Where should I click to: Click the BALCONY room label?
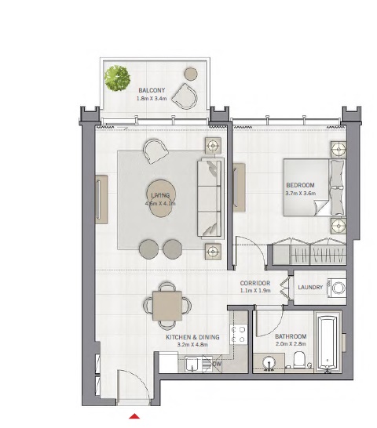click(152, 90)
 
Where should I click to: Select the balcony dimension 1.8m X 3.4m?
click(152, 99)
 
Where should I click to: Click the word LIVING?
click(160, 194)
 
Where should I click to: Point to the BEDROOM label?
click(300, 185)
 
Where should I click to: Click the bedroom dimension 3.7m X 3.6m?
click(300, 194)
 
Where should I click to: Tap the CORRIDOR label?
click(255, 282)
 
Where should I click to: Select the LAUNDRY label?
click(310, 288)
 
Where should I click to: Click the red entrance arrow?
click(135, 415)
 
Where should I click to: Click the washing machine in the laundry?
click(337, 287)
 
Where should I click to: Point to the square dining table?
click(167, 303)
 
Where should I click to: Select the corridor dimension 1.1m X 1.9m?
click(255, 291)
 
